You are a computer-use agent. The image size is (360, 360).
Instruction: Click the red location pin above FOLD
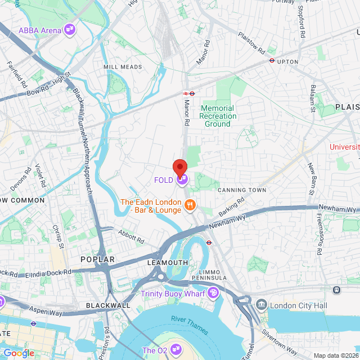pyautogui.click(x=179, y=167)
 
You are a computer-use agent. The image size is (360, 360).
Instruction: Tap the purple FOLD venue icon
pyautogui.click(x=182, y=180)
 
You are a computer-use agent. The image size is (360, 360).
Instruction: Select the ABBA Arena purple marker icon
pyautogui.click(x=70, y=30)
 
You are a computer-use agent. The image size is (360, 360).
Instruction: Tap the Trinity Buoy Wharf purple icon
pyautogui.click(x=213, y=292)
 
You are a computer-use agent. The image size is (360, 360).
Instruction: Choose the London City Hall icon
pyautogui.click(x=262, y=305)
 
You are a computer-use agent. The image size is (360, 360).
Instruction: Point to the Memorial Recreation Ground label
pyautogui.click(x=218, y=116)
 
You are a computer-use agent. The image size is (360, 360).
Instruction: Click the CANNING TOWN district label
pyautogui.click(x=241, y=190)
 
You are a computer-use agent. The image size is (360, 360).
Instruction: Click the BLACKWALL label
pyautogui.click(x=108, y=305)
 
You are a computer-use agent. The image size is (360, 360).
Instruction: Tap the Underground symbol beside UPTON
pyautogui.click(x=272, y=60)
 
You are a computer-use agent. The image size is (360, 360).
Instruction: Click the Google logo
pyautogui.click(x=19, y=353)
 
